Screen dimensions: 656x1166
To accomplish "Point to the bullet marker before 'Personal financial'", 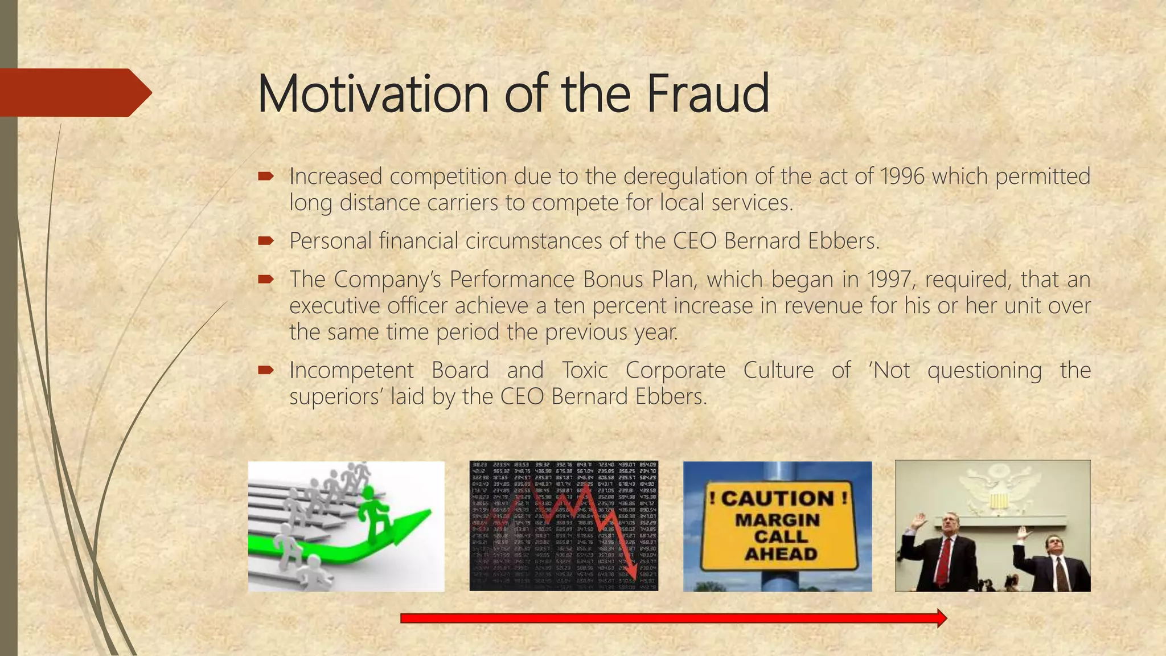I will (x=266, y=241).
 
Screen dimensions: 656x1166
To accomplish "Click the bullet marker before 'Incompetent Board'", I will (x=266, y=371).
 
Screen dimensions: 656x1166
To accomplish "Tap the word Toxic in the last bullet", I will (x=585, y=371).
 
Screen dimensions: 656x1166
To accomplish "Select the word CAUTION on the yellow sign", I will (x=778, y=499).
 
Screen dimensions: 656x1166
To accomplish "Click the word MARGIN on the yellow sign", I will (x=778, y=520).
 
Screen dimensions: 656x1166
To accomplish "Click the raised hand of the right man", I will (x=1023, y=534).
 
